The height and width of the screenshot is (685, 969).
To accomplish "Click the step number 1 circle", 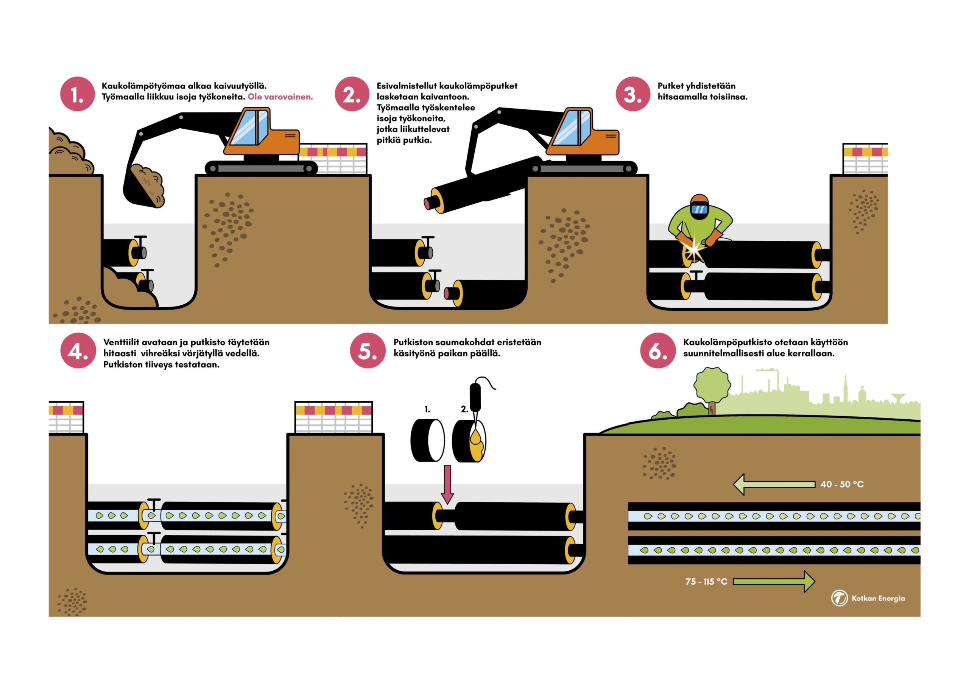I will (x=77, y=94).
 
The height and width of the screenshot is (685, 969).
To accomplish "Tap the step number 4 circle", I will (x=78, y=350).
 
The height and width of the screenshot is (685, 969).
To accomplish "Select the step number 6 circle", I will (x=657, y=350).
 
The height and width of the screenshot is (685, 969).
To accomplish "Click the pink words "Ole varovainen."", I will (x=280, y=97).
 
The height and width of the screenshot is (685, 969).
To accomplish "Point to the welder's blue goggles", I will (x=699, y=209).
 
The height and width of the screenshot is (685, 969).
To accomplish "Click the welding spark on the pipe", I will (x=693, y=250).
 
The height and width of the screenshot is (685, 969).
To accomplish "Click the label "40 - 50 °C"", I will (x=841, y=484).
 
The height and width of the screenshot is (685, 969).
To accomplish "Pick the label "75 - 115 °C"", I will (x=706, y=582).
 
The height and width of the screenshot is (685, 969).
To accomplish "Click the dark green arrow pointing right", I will (x=773, y=582).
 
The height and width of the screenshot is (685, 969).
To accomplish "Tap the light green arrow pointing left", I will (x=774, y=484).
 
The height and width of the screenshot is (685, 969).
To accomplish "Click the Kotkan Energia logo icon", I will (x=839, y=598).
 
